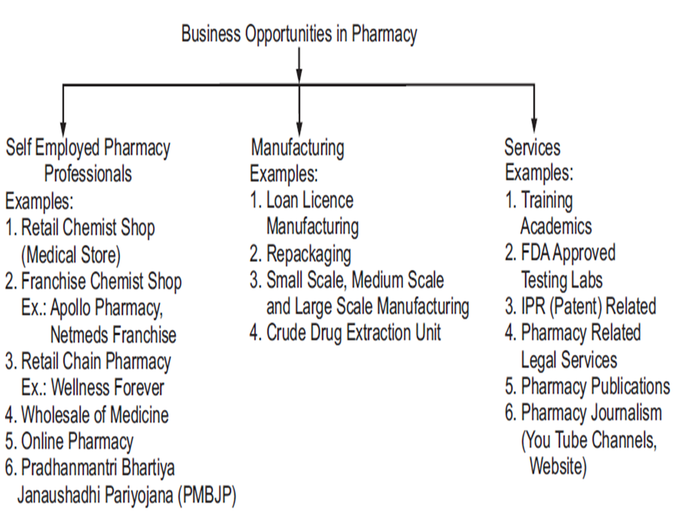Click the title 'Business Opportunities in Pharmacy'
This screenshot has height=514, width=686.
click(299, 34)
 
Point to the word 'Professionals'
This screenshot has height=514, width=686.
click(88, 173)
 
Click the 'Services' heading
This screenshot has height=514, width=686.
click(532, 147)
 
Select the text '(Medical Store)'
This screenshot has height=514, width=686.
click(71, 255)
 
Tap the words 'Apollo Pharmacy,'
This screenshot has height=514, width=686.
click(106, 308)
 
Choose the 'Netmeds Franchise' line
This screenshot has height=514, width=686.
click(114, 335)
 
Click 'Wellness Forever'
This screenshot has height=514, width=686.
click(108, 388)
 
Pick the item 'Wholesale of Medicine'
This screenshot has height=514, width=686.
click(95, 415)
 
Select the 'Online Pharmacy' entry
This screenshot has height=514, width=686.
click(77, 441)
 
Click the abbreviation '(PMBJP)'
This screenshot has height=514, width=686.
click(207, 495)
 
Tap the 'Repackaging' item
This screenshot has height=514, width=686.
click(309, 254)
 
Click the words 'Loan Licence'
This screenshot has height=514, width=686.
click(309, 200)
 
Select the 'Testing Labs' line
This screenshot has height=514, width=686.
click(562, 280)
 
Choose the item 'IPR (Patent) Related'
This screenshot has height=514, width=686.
click(589, 306)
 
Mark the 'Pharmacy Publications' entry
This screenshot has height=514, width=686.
click(595, 386)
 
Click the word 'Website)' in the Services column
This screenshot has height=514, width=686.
click(558, 466)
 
